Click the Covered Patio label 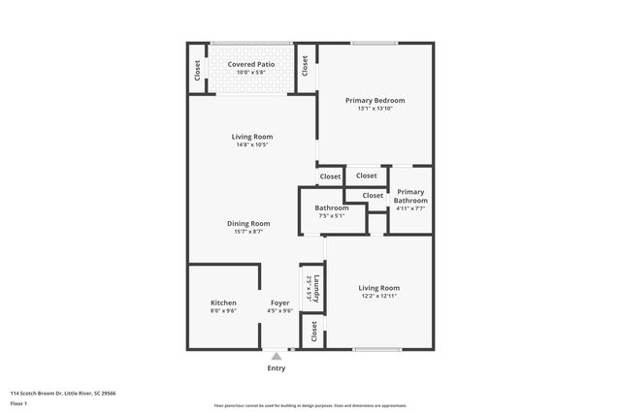(251, 64)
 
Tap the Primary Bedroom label (375, 100)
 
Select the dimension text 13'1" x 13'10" (375, 109)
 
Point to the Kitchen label (223, 303)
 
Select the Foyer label (279, 303)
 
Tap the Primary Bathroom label (410, 196)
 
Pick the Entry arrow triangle (277, 356)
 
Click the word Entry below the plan (277, 368)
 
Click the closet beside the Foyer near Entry (314, 333)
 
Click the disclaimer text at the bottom (310, 405)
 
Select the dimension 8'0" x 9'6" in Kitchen (223, 311)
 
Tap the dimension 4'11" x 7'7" (410, 208)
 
